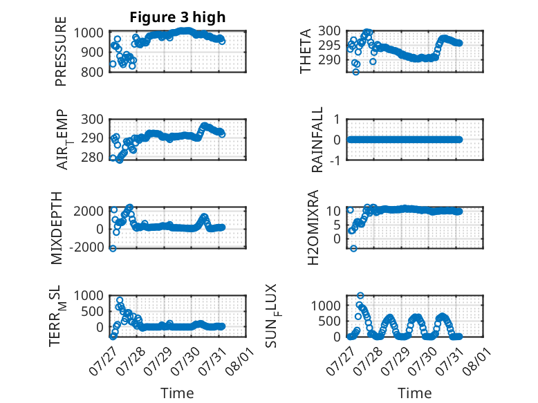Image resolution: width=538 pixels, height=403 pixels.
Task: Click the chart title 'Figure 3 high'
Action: pyautogui.click(x=178, y=17)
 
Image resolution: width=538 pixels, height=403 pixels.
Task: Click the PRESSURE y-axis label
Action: pyautogui.click(x=60, y=51)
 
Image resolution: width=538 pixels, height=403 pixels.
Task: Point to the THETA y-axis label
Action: pyautogui.click(x=305, y=51)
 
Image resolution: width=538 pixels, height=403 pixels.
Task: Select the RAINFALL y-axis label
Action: pyautogui.click(x=317, y=140)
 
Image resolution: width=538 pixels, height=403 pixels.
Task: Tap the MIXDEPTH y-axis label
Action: pyautogui.click(x=57, y=228)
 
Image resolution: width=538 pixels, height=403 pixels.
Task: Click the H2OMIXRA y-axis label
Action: pyautogui.click(x=313, y=227)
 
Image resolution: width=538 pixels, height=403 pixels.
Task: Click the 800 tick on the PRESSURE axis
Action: pyautogui.click(x=92, y=72)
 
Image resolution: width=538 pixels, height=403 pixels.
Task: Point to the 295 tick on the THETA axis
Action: pyautogui.click(x=329, y=45)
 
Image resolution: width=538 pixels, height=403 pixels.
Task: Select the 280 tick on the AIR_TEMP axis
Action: pyautogui.click(x=92, y=158)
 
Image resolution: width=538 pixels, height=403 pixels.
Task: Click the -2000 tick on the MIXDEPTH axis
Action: pyautogui.click(x=86, y=247)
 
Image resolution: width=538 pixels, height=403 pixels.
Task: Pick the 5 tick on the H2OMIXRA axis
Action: pyautogui.click(x=337, y=225)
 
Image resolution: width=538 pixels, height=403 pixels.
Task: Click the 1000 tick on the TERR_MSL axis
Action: pyautogui.click(x=89, y=296)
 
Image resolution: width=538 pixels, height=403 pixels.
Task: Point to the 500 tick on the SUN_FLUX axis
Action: pyautogui.click(x=329, y=321)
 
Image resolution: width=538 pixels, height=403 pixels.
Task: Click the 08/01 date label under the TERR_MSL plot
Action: pyautogui.click(x=239, y=360)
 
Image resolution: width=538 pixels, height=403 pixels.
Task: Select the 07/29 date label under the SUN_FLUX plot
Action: pyautogui.click(x=395, y=360)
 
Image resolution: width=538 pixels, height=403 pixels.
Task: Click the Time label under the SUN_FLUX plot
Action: pyautogui.click(x=414, y=393)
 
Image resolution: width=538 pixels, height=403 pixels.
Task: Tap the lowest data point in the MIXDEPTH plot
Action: pyautogui.click(x=113, y=248)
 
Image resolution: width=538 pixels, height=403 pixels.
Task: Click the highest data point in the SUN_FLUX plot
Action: pyautogui.click(x=360, y=295)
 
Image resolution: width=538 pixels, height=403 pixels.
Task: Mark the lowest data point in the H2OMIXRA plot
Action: pyautogui.click(x=353, y=248)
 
